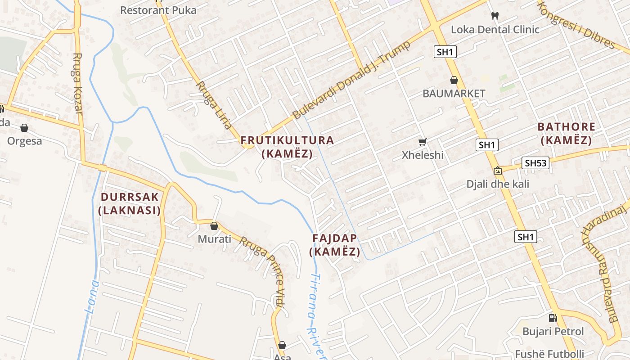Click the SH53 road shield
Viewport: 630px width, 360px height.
[535, 162]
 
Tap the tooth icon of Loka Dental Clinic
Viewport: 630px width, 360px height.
[495, 16]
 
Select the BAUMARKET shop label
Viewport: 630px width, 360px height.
[454, 93]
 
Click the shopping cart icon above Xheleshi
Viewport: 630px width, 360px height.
[422, 142]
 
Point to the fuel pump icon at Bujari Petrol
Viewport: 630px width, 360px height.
[553, 318]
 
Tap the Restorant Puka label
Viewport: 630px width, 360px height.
[158, 10]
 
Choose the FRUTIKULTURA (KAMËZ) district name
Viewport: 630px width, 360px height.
[288, 147]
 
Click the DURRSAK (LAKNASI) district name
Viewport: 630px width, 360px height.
[130, 203]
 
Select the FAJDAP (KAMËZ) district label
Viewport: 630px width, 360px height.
[335, 245]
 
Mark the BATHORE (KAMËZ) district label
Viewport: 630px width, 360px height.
[567, 133]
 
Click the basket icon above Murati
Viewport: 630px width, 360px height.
[214, 225]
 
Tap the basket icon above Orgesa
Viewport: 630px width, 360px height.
[24, 128]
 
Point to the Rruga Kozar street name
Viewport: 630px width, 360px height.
[78, 83]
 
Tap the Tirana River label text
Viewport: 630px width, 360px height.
[317, 315]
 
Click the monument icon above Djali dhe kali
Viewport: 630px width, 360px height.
[497, 171]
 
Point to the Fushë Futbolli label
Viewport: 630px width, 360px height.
[549, 354]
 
